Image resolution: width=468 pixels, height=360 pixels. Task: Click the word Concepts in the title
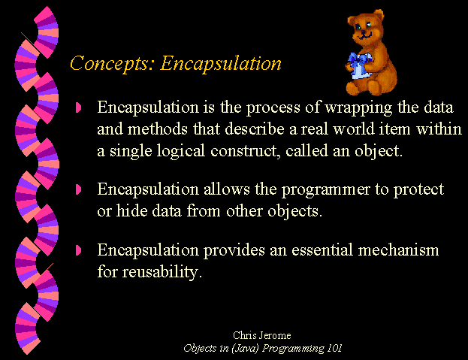click(x=110, y=63)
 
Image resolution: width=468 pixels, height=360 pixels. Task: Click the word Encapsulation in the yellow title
click(x=221, y=63)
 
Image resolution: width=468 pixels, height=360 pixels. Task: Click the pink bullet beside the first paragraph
click(x=78, y=107)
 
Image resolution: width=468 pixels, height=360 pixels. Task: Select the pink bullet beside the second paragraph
click(x=78, y=189)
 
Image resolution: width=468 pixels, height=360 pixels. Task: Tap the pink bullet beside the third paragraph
click(x=78, y=250)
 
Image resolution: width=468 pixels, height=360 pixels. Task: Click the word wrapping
click(x=358, y=108)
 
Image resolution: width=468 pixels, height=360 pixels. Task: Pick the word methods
click(x=158, y=129)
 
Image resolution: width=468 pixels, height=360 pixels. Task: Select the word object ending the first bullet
click(x=377, y=151)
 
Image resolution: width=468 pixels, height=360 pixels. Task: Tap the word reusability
click(x=160, y=272)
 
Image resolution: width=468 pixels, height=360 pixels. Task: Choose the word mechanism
click(x=398, y=250)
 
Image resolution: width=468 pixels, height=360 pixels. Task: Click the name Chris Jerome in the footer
click(x=261, y=335)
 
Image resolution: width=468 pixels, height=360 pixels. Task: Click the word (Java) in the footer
click(x=245, y=349)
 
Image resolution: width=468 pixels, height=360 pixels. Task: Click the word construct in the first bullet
click(x=246, y=151)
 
